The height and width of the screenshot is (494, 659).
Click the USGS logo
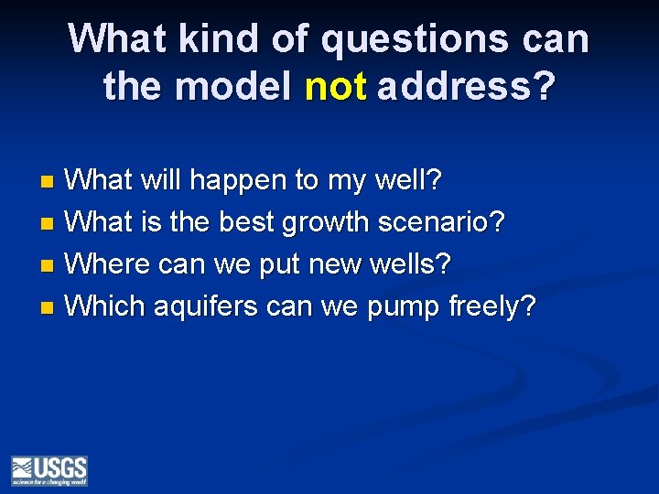point(49,470)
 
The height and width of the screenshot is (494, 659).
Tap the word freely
point(491,306)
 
